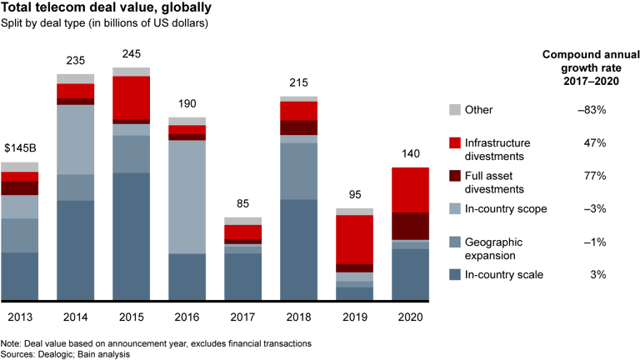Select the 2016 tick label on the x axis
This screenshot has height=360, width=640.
click(187, 317)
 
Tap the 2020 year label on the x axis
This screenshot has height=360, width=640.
click(410, 317)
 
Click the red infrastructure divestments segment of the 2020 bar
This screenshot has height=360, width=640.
click(410, 190)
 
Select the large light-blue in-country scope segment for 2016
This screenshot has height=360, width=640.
click(187, 197)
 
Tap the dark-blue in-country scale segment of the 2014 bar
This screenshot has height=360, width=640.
click(75, 250)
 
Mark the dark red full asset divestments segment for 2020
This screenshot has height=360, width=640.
click(410, 226)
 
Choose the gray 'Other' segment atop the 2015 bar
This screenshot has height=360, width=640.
click(131, 72)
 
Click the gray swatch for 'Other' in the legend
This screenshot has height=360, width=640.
click(454, 110)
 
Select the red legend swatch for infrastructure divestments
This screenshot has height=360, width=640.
click(454, 143)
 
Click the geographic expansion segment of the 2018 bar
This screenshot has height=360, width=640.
click(298, 171)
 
